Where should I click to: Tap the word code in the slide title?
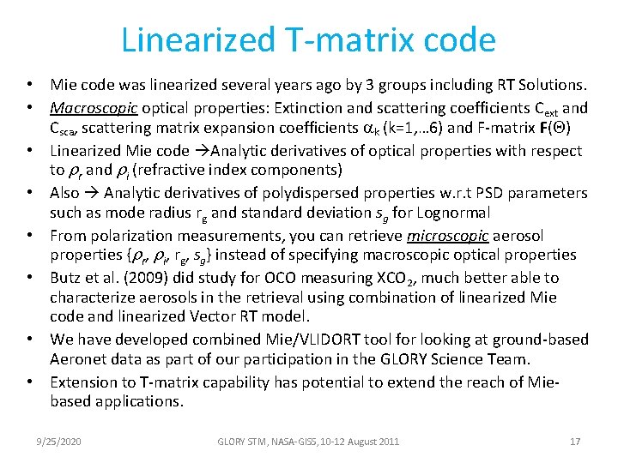coord(463,40)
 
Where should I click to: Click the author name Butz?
coord(67,277)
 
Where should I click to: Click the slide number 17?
coord(575,442)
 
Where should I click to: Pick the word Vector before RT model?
coord(220,318)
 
